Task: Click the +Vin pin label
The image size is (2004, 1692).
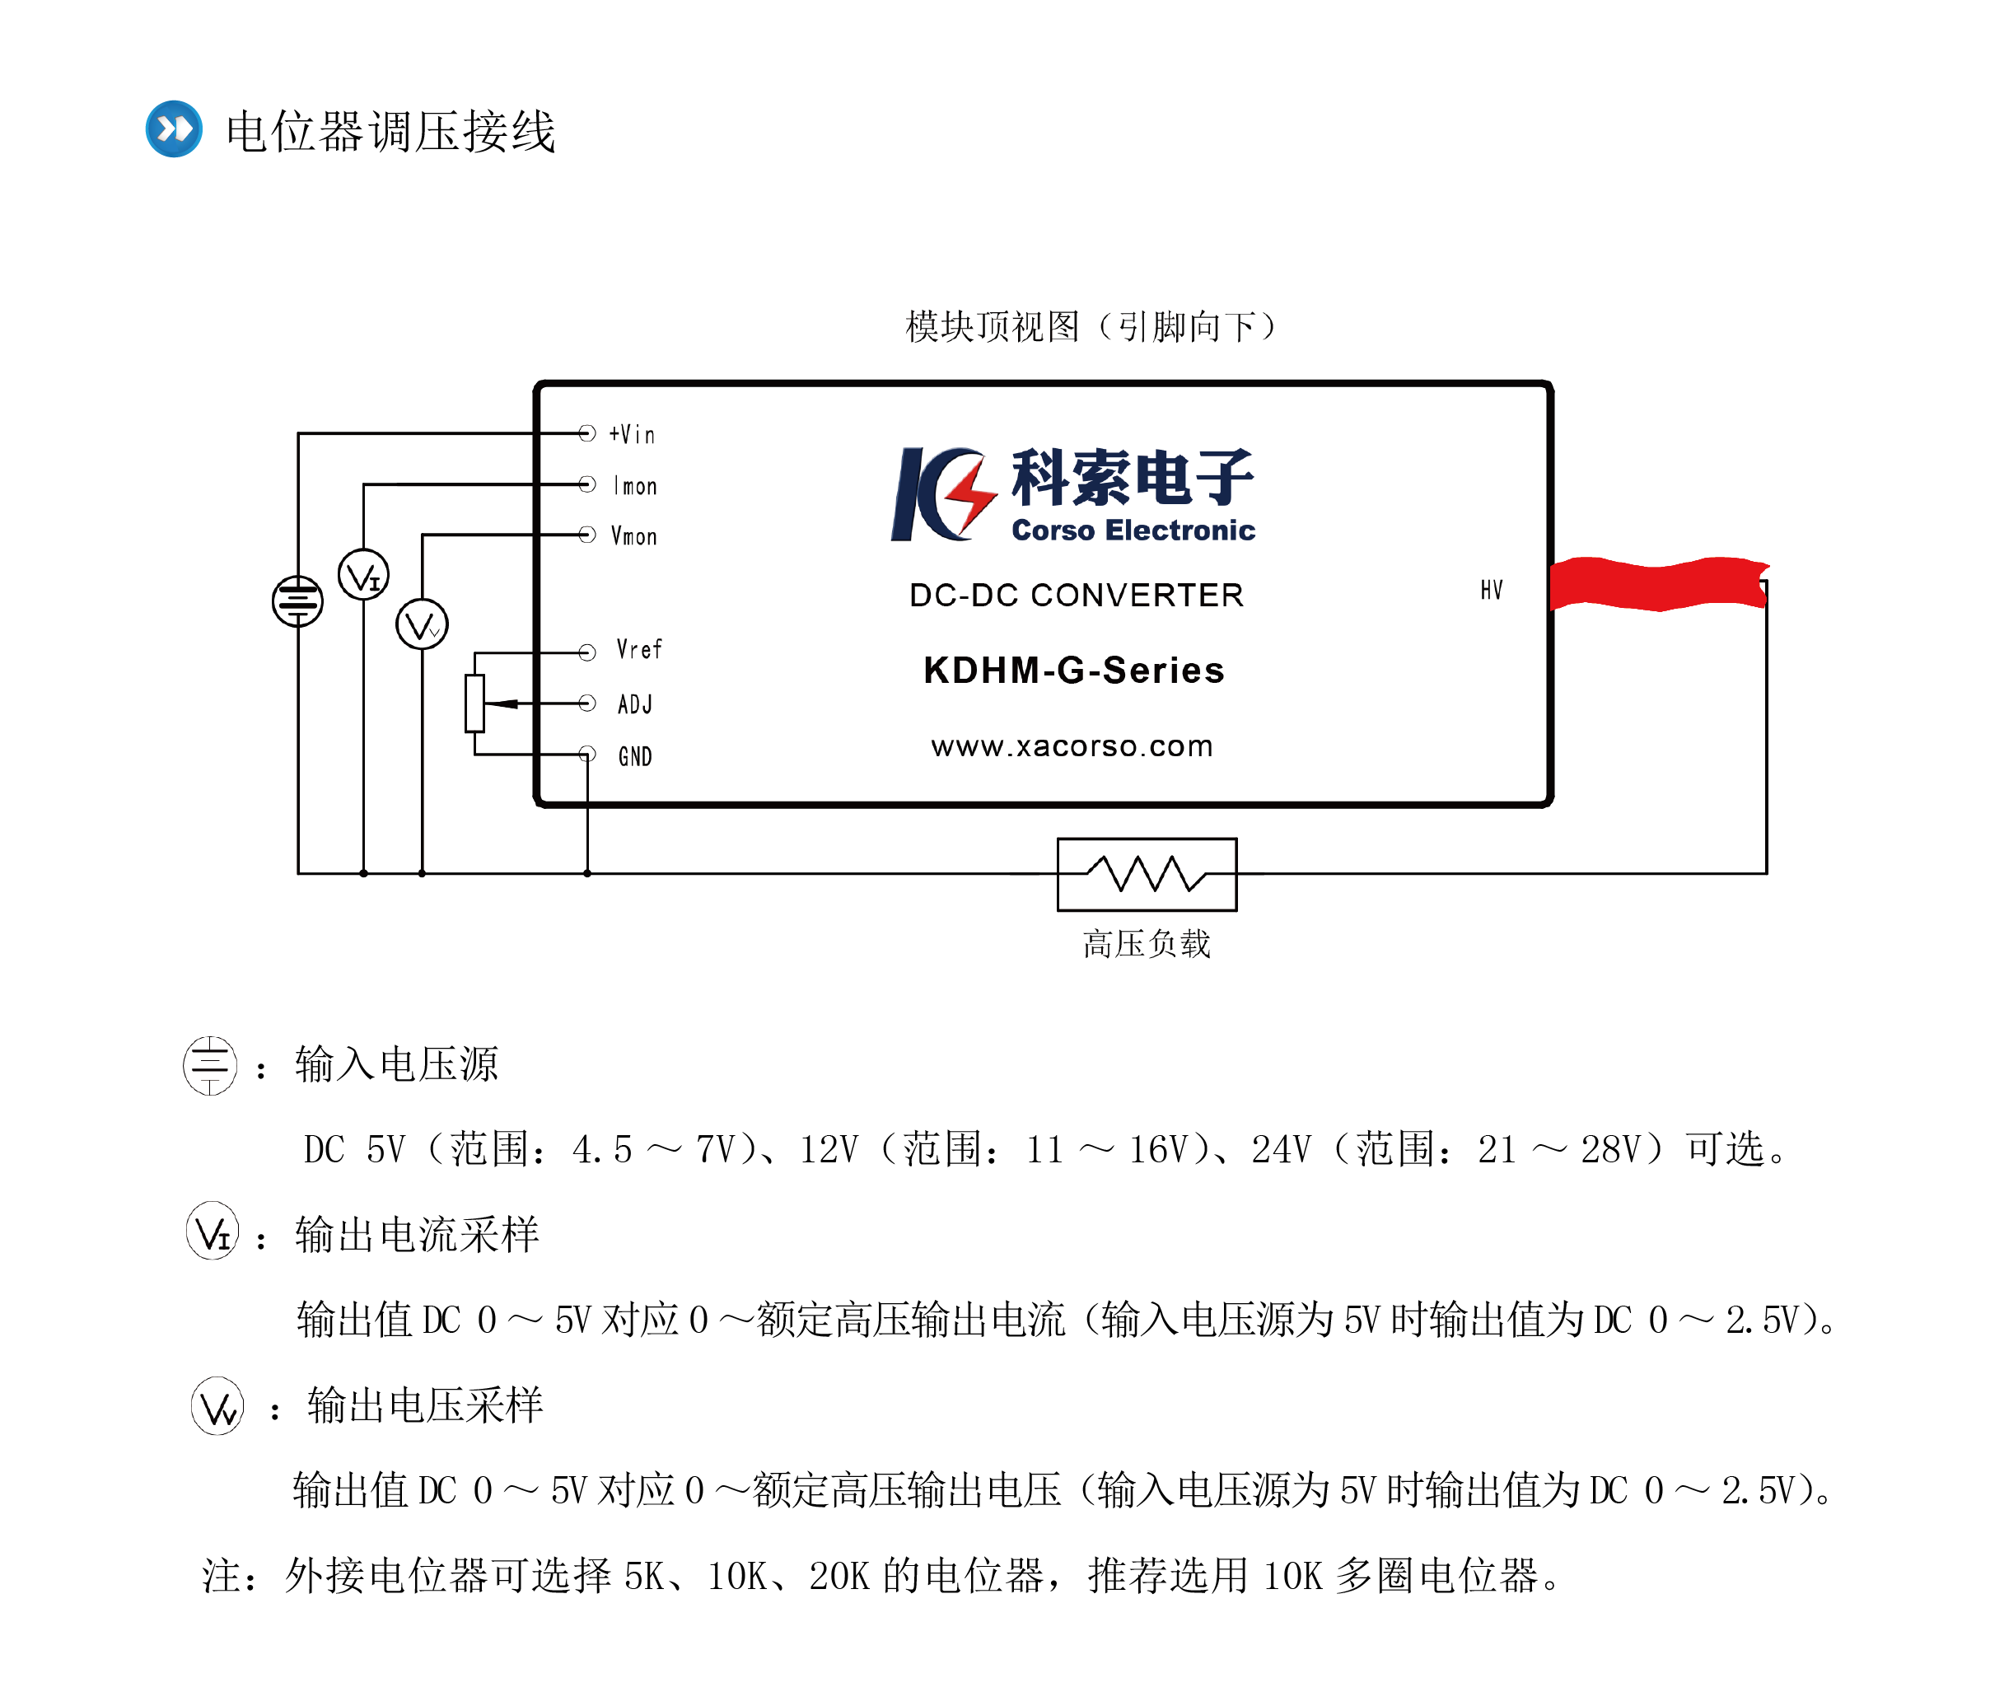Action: (632, 434)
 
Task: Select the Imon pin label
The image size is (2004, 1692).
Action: (635, 486)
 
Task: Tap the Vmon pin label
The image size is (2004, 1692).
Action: (633, 536)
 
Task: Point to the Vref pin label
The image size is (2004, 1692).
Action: (638, 649)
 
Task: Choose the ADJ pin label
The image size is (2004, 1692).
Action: (635, 704)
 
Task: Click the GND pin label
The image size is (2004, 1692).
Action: (635, 757)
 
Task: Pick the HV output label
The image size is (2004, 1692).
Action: (1491, 590)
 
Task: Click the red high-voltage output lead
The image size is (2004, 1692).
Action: (1658, 583)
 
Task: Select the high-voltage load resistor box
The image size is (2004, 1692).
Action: (1147, 874)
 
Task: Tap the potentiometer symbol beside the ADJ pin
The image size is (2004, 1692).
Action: (474, 703)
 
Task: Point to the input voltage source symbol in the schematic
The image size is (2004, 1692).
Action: (297, 601)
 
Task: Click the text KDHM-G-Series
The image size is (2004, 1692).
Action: (1074, 671)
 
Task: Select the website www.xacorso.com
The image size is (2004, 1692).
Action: (1072, 746)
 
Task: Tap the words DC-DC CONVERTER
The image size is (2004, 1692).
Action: (1076, 596)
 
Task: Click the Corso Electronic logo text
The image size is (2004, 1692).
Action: (1133, 531)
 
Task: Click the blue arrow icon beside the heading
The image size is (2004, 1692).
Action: (174, 129)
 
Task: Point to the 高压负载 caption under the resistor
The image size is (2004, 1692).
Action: (1147, 944)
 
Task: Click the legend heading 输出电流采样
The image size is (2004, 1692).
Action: (417, 1235)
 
